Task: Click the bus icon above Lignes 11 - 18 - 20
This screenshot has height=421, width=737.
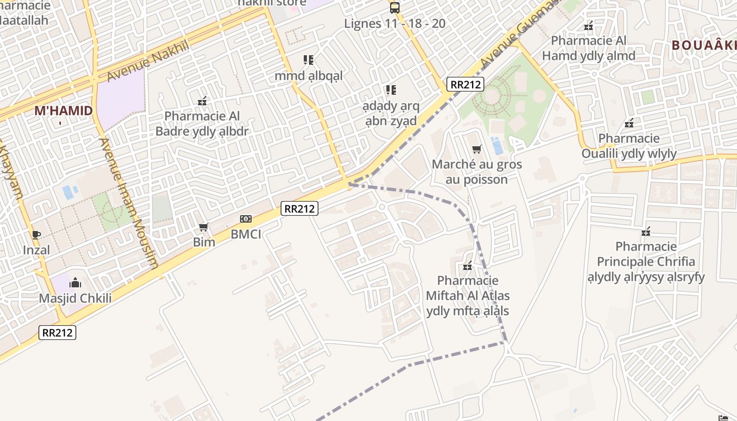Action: pyautogui.click(x=394, y=7)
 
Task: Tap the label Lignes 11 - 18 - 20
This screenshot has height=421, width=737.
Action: pyautogui.click(x=394, y=23)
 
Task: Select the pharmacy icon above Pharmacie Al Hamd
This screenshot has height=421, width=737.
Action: pyautogui.click(x=589, y=26)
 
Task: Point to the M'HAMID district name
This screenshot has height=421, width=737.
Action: pyautogui.click(x=63, y=111)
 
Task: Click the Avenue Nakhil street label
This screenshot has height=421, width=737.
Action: pyautogui.click(x=147, y=61)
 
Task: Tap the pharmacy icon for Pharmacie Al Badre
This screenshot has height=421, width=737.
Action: pyautogui.click(x=202, y=101)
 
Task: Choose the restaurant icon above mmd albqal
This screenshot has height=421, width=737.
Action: pyautogui.click(x=308, y=60)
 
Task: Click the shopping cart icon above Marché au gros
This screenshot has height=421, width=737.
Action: pyautogui.click(x=477, y=149)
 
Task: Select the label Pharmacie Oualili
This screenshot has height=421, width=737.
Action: pyautogui.click(x=629, y=146)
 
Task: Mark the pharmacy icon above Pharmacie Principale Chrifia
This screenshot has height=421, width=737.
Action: pyautogui.click(x=646, y=231)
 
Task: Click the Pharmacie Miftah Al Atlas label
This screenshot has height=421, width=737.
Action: pyautogui.click(x=467, y=295)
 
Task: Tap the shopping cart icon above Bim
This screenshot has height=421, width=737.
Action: pyautogui.click(x=204, y=227)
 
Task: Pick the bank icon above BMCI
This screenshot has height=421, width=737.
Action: pyautogui.click(x=245, y=219)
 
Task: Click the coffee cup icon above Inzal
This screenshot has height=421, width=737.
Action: pyautogui.click(x=36, y=235)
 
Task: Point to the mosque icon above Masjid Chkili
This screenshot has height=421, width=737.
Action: pyautogui.click(x=75, y=283)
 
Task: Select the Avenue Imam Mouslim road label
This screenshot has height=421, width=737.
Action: pyautogui.click(x=128, y=203)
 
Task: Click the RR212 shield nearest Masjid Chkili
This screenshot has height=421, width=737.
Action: pyautogui.click(x=58, y=333)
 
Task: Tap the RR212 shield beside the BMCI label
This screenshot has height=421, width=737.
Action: pyautogui.click(x=299, y=208)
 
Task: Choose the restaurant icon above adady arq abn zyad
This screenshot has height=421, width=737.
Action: pyautogui.click(x=391, y=90)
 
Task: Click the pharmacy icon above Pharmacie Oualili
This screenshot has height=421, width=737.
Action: pyautogui.click(x=629, y=124)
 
